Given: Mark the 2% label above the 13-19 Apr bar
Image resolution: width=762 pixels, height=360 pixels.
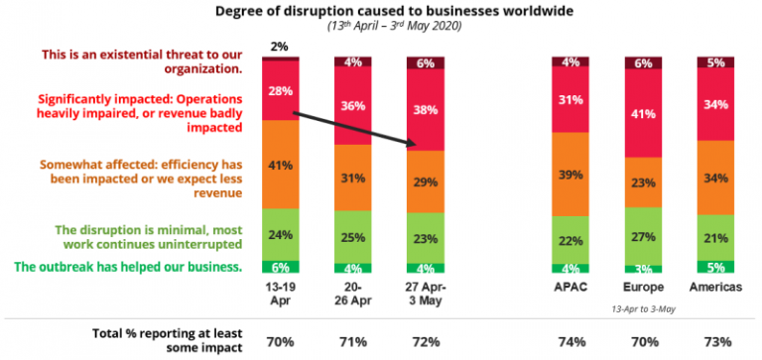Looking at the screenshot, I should (x=280, y=46).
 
